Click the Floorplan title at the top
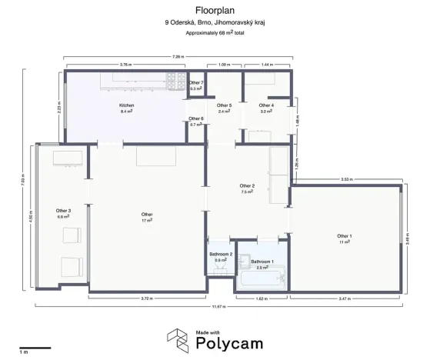(215, 11)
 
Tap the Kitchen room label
(127, 105)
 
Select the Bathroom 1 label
(262, 261)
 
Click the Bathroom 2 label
(221, 253)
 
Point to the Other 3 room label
(64, 210)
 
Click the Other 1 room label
(344, 235)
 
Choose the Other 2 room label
(247, 185)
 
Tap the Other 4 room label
(266, 105)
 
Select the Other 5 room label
(224, 105)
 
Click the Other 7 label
(197, 82)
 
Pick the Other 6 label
(197, 118)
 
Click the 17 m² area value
(146, 220)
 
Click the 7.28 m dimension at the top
(178, 57)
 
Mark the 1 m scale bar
(35, 348)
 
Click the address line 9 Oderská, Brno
(215, 23)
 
